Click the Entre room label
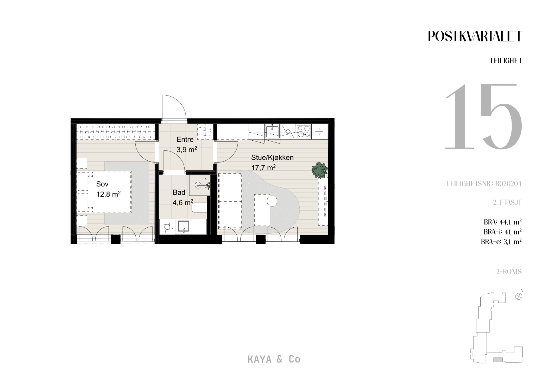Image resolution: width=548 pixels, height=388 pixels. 185,140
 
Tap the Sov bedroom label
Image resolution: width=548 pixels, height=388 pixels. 102,184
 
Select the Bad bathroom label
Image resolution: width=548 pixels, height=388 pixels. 179,192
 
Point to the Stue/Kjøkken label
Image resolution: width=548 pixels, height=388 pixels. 272,158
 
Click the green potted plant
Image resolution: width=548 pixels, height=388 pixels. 319,170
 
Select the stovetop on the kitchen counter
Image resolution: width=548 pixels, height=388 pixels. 303,131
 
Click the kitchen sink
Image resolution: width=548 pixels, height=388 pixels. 273,131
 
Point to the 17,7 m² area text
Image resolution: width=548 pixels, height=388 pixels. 263,168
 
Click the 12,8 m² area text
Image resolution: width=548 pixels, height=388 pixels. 108,194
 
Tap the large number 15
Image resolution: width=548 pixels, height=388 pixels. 483,117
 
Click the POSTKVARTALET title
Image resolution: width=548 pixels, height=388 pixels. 475,36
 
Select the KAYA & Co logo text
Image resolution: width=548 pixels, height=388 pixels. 274,359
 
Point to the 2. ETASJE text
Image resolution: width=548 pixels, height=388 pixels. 507,202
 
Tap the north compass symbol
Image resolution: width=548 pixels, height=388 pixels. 519,296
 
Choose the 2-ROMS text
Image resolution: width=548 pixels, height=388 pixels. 509,272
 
